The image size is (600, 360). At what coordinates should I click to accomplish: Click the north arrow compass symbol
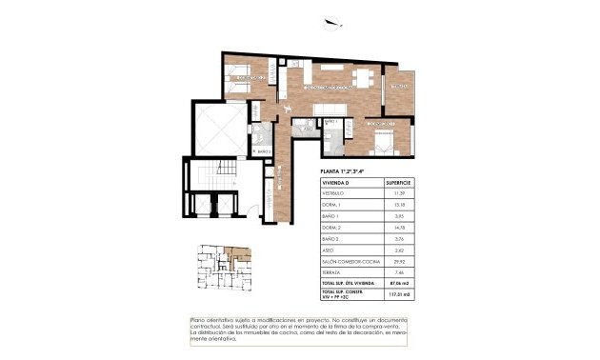pyautogui.click(x=330, y=25)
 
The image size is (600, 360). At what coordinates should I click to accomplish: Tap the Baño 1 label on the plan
pyautogui.click(x=330, y=122)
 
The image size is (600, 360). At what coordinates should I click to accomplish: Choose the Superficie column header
pyautogui.click(x=397, y=181)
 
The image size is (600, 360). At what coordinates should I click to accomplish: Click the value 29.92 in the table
pyautogui.click(x=397, y=258)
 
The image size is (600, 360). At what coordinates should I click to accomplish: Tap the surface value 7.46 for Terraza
pyautogui.click(x=397, y=271)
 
